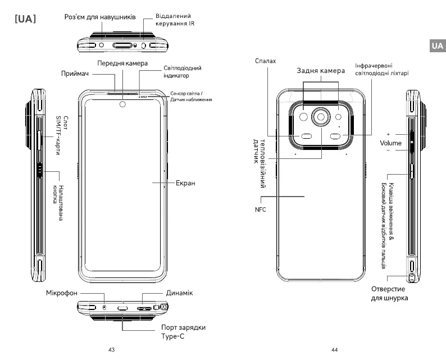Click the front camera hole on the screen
[x=122, y=104]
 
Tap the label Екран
[x=185, y=183]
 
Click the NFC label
[x=260, y=209]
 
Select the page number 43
[x=111, y=349]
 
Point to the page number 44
[x=335, y=349]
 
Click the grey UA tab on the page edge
[x=438, y=45]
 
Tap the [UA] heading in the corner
[x=25, y=19]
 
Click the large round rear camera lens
[x=321, y=117]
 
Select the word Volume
[x=390, y=143]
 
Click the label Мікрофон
[x=62, y=293]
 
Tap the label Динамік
[x=180, y=293]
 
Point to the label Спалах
[x=265, y=61]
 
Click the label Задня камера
[x=321, y=71]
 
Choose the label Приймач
[x=75, y=74]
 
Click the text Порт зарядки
[x=184, y=327]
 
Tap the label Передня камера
[x=122, y=63]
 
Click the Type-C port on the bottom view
[x=122, y=308]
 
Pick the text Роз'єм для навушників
[x=100, y=17]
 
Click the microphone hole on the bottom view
[x=104, y=307]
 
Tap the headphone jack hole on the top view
[x=102, y=45]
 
